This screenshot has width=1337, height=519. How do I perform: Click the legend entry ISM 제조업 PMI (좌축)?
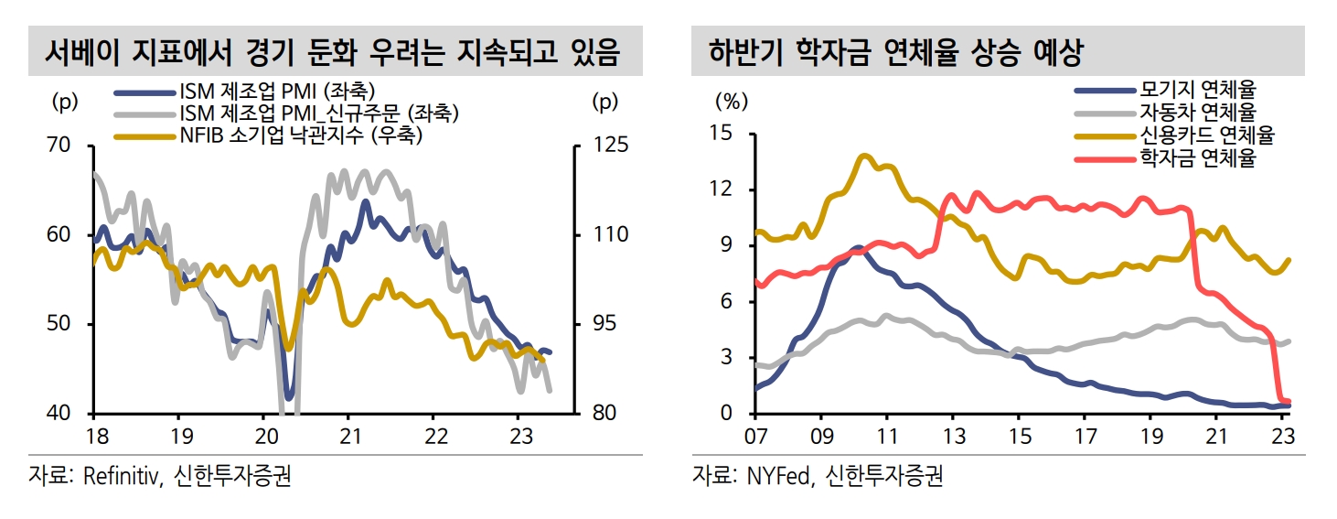tap(273, 92)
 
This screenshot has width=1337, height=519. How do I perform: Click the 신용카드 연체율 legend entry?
tap(1206, 135)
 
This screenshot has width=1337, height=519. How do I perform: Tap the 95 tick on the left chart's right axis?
tap(602, 325)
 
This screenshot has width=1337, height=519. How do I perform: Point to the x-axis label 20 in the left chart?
tap(263, 435)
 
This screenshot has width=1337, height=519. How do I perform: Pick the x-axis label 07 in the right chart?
tap(754, 435)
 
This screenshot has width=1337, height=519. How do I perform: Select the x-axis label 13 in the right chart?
tap(952, 435)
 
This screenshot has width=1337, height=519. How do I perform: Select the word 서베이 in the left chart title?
tap(83, 53)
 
